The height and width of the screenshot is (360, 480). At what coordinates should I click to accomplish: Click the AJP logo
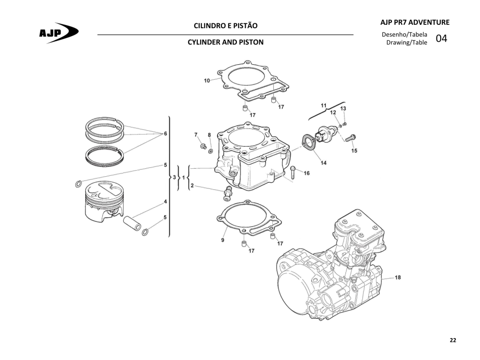tap(59, 32)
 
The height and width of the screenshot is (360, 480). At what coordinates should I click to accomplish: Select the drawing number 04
tap(441, 38)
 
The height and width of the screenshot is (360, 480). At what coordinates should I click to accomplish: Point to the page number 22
tap(453, 340)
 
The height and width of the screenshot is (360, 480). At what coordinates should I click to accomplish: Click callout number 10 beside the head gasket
tap(207, 81)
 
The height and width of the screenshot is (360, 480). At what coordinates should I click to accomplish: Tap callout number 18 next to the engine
tap(397, 277)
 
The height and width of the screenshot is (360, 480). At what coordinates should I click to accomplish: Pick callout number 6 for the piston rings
tap(165, 134)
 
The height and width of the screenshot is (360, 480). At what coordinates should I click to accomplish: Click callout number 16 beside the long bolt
tap(307, 173)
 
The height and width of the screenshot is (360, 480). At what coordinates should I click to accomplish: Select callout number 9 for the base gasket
tap(223, 240)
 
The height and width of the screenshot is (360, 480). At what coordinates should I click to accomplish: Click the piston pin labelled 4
tap(132, 224)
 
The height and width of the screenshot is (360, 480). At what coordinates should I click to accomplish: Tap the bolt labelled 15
tap(350, 138)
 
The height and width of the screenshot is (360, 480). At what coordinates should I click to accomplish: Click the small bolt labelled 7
tap(203, 146)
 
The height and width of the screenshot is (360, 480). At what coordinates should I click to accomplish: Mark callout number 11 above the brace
tap(323, 105)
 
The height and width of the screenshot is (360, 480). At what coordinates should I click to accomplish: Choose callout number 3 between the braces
tap(174, 177)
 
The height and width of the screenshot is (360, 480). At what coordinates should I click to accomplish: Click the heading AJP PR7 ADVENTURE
tap(415, 22)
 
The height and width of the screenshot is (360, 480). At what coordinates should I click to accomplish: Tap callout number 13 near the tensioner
tap(343, 108)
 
